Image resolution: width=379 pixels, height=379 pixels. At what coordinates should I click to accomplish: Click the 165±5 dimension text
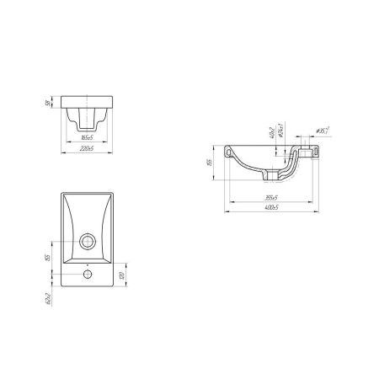coord(86,136)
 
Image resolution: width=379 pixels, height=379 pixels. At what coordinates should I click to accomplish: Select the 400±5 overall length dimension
coord(272,207)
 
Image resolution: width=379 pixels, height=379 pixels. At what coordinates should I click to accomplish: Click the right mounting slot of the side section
coord(312,153)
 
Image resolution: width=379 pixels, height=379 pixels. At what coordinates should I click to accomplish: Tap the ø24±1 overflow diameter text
coord(279,132)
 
